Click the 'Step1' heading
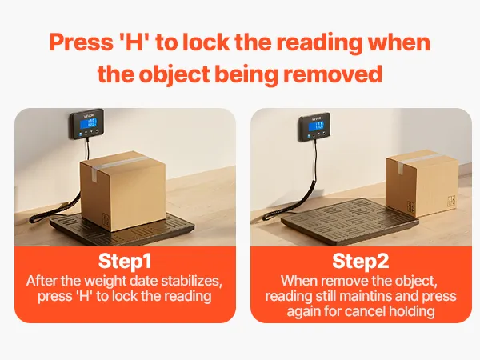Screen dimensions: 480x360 125,262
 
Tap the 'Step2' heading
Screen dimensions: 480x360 360,262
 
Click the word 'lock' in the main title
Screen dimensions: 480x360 206,42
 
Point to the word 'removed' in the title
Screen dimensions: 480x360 333,74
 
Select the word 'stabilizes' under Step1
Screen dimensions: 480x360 192,281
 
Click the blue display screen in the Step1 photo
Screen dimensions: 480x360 88,123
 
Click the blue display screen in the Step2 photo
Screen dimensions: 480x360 316,126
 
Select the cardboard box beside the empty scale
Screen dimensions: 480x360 422,182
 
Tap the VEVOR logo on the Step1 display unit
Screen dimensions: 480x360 88,116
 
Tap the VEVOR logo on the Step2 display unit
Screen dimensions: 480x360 317,118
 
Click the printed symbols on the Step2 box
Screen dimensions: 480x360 451,201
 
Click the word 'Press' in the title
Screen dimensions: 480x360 81,42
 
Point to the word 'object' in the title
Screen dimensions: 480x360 174,74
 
